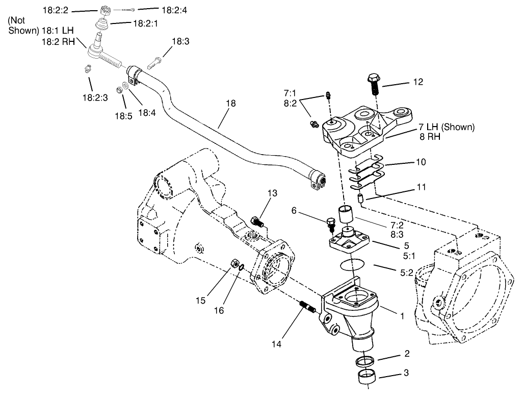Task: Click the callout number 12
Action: pyautogui.click(x=418, y=82)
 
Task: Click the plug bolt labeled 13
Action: pyautogui.click(x=257, y=222)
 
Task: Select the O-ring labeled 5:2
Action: pyautogui.click(x=351, y=265)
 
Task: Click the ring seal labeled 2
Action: pyautogui.click(x=364, y=362)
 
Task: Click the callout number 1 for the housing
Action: pyautogui.click(x=402, y=316)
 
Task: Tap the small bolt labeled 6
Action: pyautogui.click(x=330, y=222)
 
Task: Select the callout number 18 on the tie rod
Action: pyautogui.click(x=231, y=104)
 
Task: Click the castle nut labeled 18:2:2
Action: pyautogui.click(x=106, y=10)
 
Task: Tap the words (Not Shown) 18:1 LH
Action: pyautogui.click(x=41, y=26)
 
